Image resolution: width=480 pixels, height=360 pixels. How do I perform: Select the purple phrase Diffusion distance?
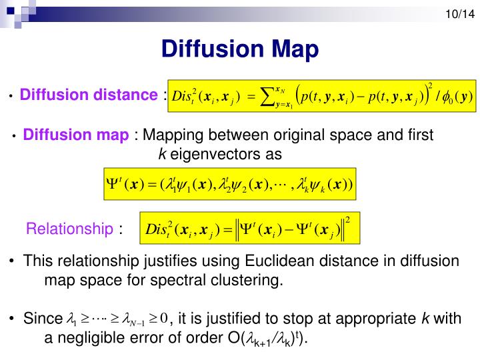tap(88, 95)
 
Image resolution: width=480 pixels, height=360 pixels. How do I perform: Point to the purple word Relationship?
tap(69, 229)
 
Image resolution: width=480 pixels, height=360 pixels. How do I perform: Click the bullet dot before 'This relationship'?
tap(14, 261)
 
